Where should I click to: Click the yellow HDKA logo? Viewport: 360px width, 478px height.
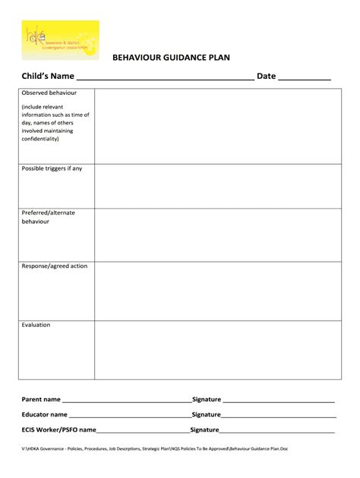coord(60,39)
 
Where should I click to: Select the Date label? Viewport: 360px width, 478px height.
coord(266,76)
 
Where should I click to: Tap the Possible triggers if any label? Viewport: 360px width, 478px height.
coord(52,168)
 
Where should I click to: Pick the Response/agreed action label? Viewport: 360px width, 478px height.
coord(55,266)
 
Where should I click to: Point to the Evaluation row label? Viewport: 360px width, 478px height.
coord(36,325)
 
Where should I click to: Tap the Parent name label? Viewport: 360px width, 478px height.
coord(41,399)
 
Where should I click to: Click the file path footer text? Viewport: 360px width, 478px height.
coord(155,448)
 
